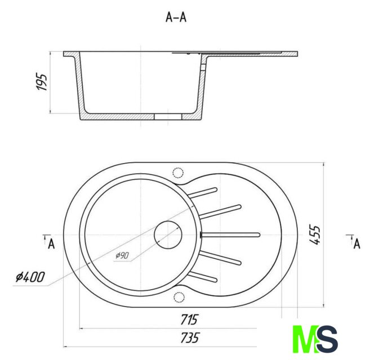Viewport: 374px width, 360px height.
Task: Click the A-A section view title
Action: [176, 17]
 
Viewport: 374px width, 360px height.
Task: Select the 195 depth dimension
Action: [42, 82]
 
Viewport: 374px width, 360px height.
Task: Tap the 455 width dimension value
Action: [314, 235]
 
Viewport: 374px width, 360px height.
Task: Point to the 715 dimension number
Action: [189, 319]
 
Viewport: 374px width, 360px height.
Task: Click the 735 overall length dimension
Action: [189, 337]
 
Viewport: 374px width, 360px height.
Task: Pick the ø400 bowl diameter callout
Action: [30, 277]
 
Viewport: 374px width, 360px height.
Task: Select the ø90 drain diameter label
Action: [122, 255]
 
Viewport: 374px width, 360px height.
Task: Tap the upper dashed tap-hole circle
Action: [178, 173]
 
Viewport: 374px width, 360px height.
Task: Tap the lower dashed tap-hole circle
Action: [179, 297]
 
